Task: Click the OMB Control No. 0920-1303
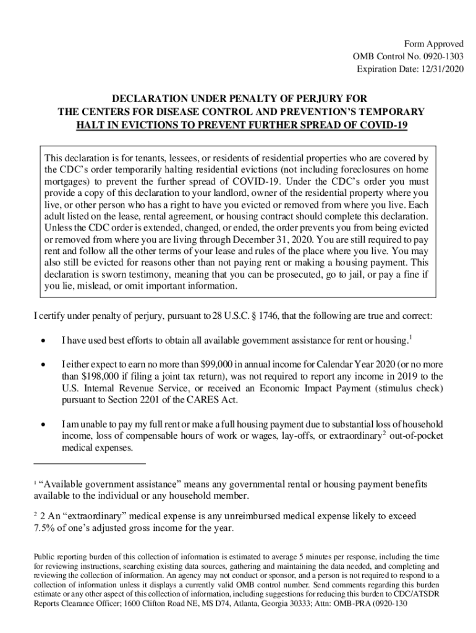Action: [407, 57]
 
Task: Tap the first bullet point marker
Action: [43, 340]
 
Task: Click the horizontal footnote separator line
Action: [89, 463]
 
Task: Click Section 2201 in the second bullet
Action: [132, 400]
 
